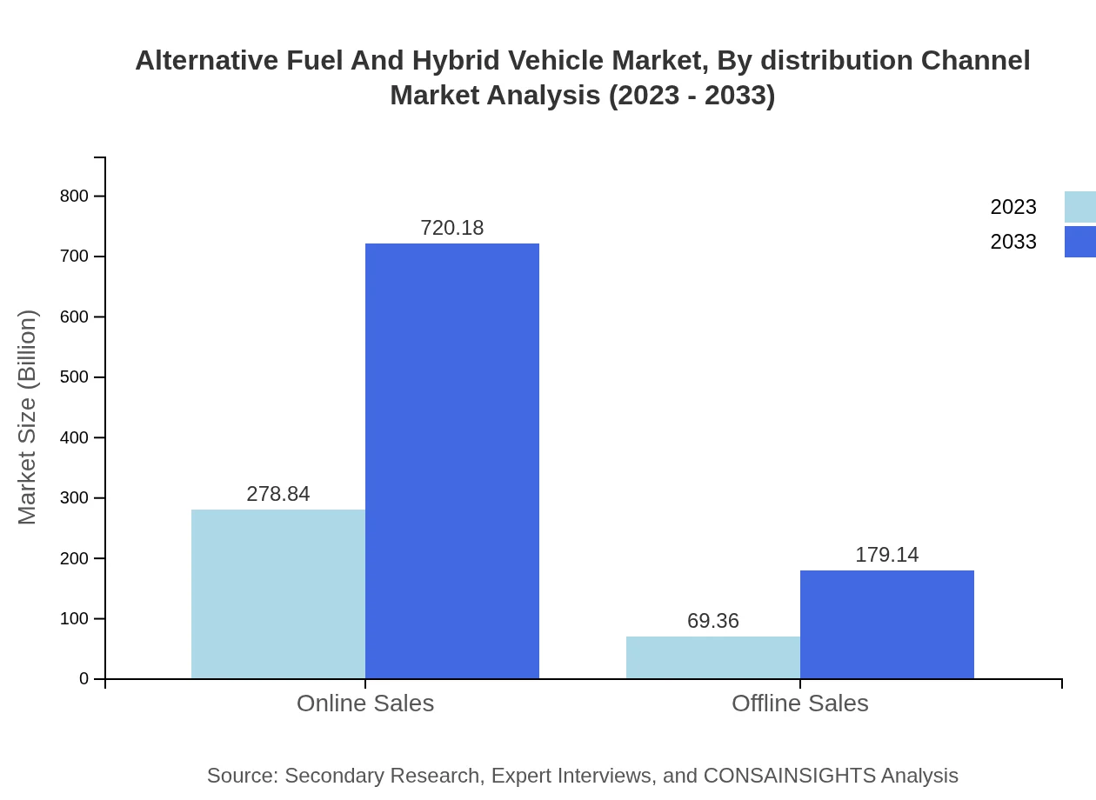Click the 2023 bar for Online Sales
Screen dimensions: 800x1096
tap(278, 594)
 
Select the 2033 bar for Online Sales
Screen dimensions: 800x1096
tap(452, 461)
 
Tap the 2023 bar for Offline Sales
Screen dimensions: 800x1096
tap(713, 657)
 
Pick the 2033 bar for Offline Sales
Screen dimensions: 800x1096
tap(887, 624)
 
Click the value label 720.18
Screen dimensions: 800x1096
tap(452, 228)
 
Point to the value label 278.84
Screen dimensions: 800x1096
tap(278, 494)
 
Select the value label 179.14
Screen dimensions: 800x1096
tap(887, 555)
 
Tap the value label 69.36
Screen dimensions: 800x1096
tap(713, 621)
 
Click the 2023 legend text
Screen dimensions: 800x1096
tap(1013, 207)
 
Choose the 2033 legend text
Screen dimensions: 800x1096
tap(1013, 242)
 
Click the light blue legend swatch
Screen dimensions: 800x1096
tap(1080, 207)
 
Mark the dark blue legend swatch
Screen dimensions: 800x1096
tap(1080, 242)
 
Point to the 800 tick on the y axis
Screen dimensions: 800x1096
tap(75, 197)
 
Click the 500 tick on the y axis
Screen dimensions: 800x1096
tap(75, 377)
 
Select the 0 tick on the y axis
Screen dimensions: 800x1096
tap(84, 679)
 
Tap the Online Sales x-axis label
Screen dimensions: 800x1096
tap(365, 703)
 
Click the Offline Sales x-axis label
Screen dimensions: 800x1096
tap(800, 703)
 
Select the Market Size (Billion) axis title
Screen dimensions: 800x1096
tap(27, 417)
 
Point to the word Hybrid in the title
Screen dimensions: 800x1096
tap(455, 61)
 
